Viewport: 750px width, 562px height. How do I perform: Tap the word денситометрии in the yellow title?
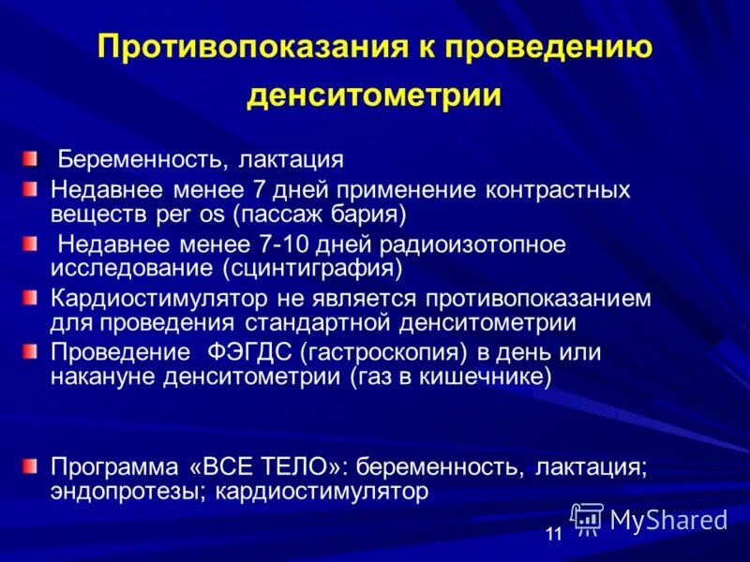pos(374,95)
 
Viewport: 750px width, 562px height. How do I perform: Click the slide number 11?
pos(553,535)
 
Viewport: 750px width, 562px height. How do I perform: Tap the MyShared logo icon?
pos(587,518)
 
